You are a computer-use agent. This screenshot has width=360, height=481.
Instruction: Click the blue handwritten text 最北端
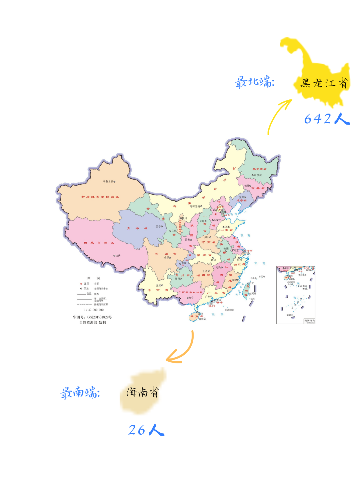[255, 82]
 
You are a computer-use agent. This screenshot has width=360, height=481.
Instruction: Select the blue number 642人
[327, 119]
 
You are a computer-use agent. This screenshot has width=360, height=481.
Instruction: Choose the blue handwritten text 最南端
[80, 392]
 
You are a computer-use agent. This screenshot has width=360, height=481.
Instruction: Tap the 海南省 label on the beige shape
[142, 392]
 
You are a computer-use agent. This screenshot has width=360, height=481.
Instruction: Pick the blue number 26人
[146, 430]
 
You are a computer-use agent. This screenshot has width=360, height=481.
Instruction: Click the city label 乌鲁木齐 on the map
[109, 182]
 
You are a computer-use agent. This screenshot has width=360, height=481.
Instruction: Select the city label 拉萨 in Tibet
[117, 256]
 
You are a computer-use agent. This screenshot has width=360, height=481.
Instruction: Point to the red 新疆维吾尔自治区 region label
[100, 197]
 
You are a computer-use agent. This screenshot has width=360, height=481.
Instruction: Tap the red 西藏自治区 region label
[99, 243]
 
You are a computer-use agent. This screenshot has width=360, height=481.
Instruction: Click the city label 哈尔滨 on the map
[257, 175]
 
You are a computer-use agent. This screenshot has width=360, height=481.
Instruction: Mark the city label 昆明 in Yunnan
[159, 286]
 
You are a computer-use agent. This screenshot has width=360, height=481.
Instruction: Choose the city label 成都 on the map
[167, 258]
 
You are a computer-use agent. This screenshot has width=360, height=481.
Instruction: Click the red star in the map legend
[81, 284]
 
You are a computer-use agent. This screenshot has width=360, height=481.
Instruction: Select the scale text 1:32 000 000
[94, 310]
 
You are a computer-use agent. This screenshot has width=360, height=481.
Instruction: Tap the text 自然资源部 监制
[93, 322]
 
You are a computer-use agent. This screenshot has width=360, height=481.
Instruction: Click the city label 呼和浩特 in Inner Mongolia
[196, 206]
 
